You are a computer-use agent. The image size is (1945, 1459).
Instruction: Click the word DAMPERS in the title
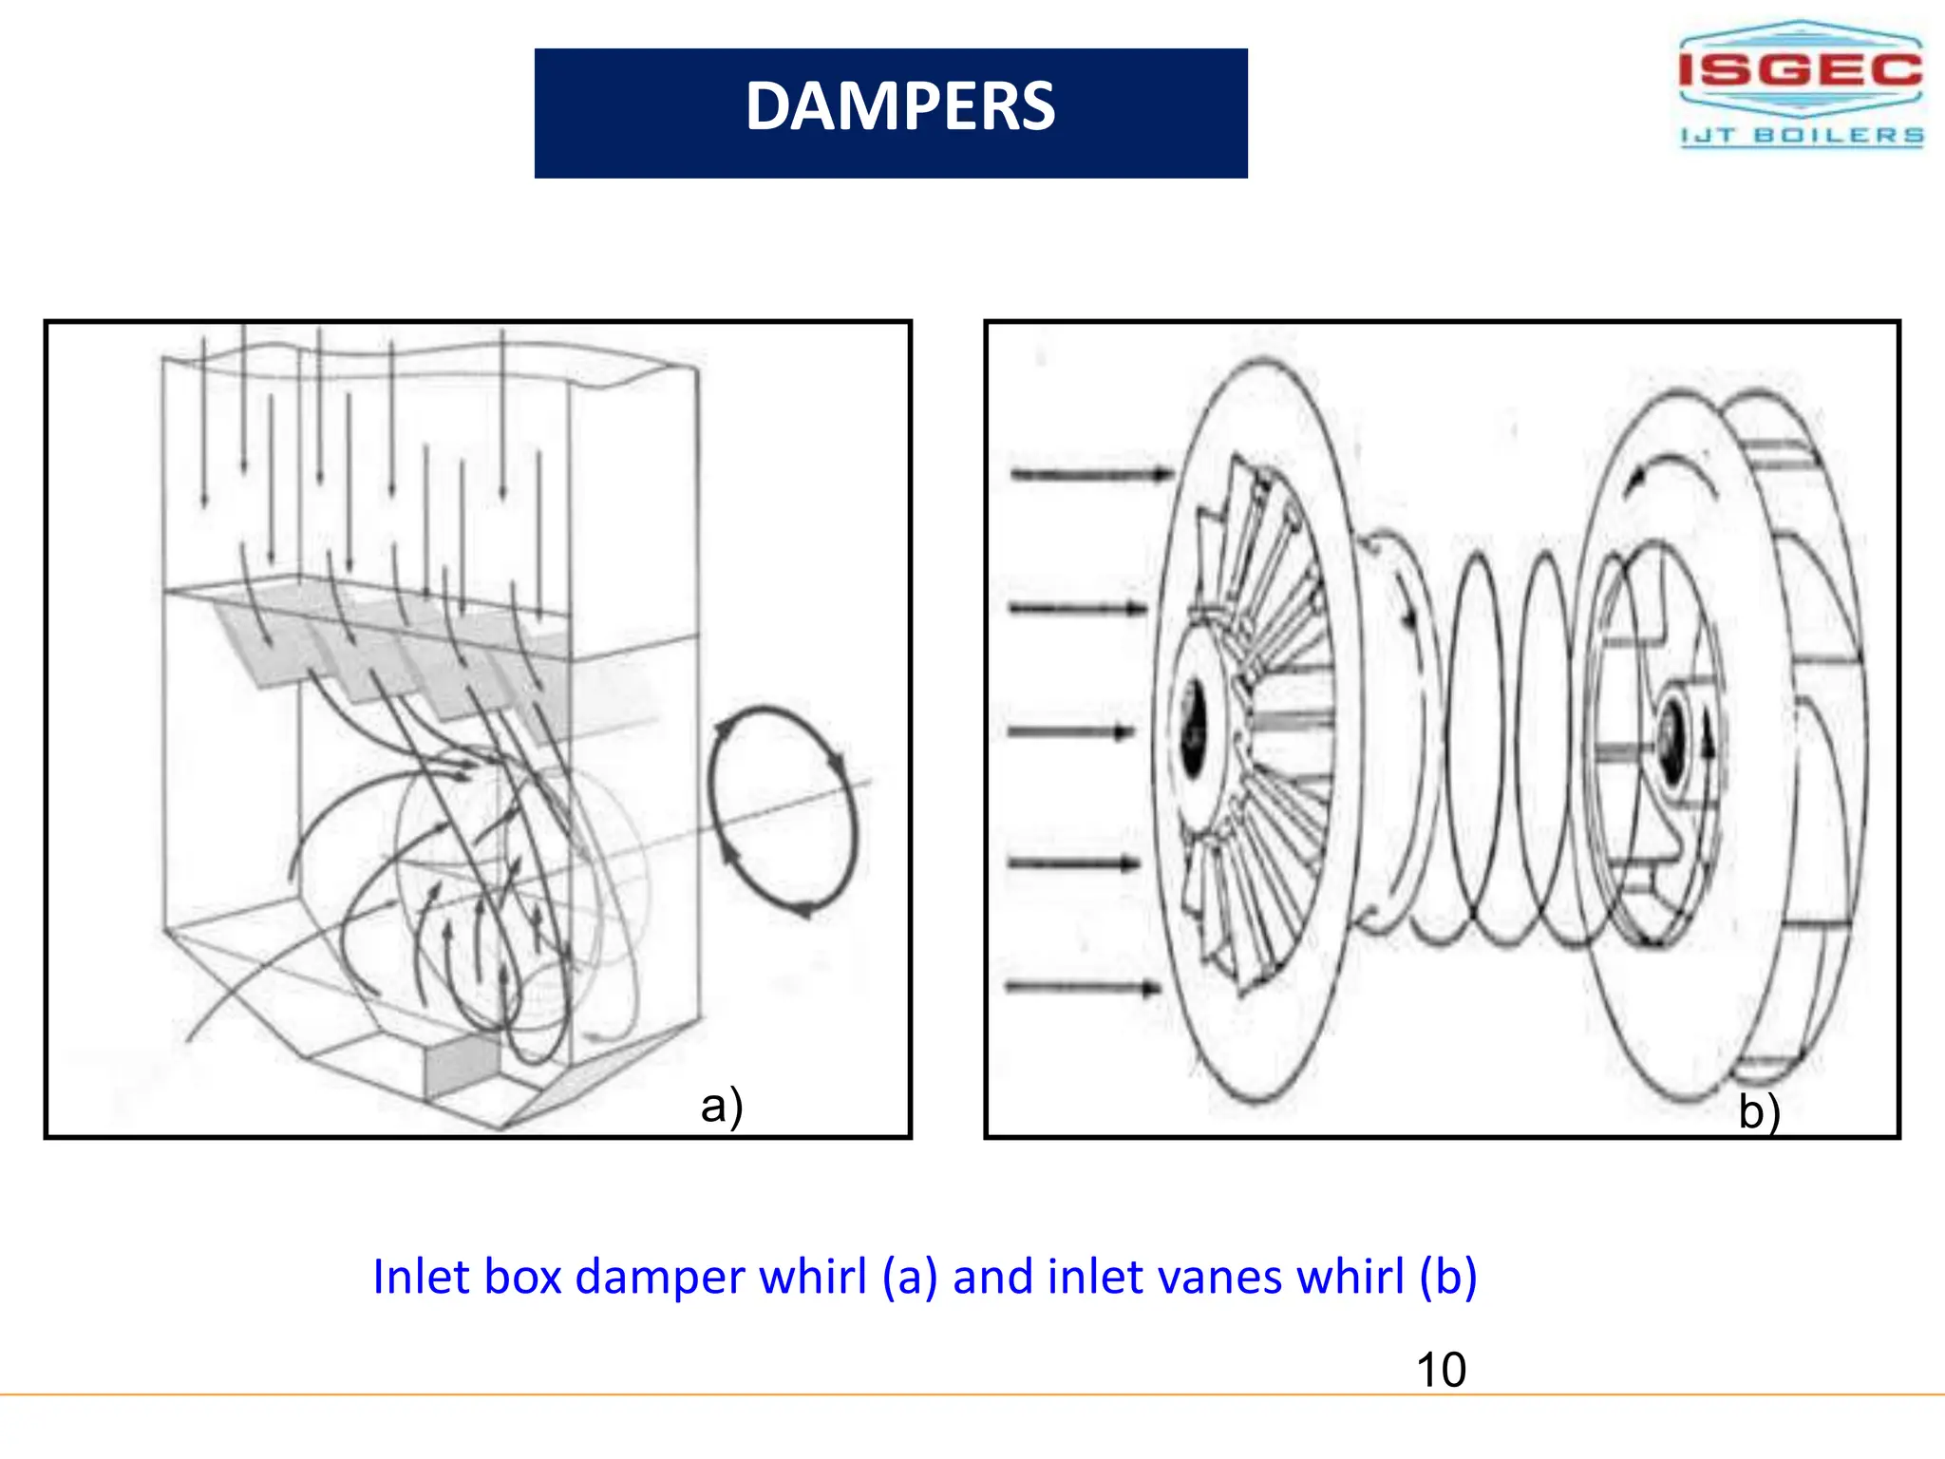pyautogui.click(x=899, y=106)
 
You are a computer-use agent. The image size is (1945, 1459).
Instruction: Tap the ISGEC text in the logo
pyautogui.click(x=1800, y=69)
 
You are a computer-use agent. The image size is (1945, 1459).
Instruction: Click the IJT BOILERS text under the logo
pyautogui.click(x=1802, y=136)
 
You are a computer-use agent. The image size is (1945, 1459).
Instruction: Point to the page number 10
pyautogui.click(x=1440, y=1370)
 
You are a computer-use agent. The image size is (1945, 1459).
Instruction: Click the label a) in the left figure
pyautogui.click(x=722, y=1106)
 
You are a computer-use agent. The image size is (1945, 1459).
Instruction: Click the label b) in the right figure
pyautogui.click(x=1759, y=1111)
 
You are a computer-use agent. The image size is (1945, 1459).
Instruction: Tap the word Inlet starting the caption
pyautogui.click(x=422, y=1277)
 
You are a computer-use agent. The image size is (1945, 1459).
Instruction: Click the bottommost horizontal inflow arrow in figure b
pyautogui.click(x=1083, y=988)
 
